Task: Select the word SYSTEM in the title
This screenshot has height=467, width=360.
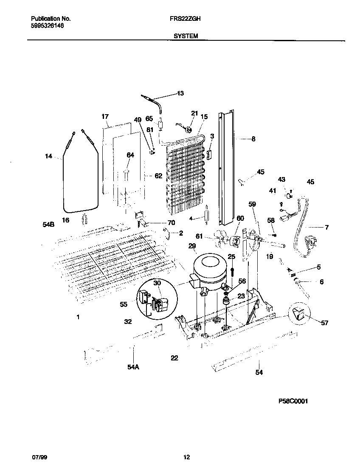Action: pos(186,37)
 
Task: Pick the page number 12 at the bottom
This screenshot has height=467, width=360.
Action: pos(186,457)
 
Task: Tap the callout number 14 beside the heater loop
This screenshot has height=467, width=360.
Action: pos(48,157)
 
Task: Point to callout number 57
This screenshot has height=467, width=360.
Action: pos(324,323)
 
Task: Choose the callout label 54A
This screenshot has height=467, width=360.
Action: pos(133,367)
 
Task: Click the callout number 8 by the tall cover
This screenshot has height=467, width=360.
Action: pos(253,138)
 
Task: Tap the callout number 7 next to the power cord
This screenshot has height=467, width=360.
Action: pos(326,228)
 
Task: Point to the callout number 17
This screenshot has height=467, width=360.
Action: pos(105,116)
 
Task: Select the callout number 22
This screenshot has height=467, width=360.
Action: pos(174,358)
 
